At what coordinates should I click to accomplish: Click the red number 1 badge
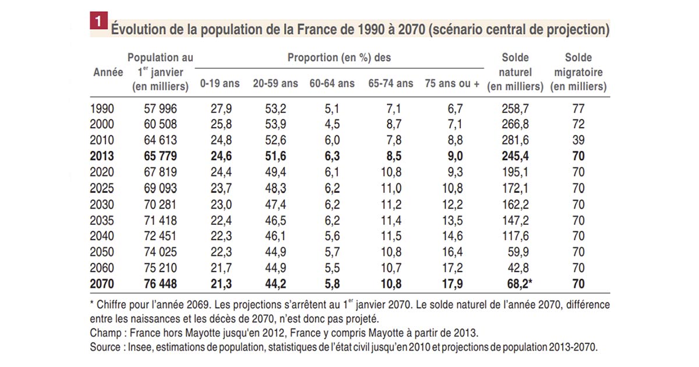coord(97,22)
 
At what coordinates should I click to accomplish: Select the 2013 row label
coord(103,157)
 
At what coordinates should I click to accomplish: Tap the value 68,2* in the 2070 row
coord(517,284)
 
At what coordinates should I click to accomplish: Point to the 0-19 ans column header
coord(220,84)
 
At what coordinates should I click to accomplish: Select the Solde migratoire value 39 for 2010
coord(578,140)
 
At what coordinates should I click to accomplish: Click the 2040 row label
coord(103,236)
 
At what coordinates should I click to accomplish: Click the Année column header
coord(108,73)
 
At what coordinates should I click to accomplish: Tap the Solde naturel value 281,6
coord(515,140)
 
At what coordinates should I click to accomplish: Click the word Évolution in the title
coord(139,29)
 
